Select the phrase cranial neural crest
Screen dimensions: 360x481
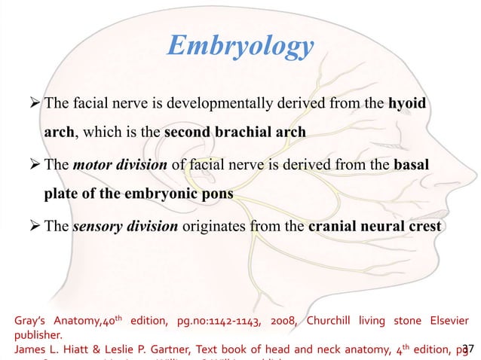click(375, 225)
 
